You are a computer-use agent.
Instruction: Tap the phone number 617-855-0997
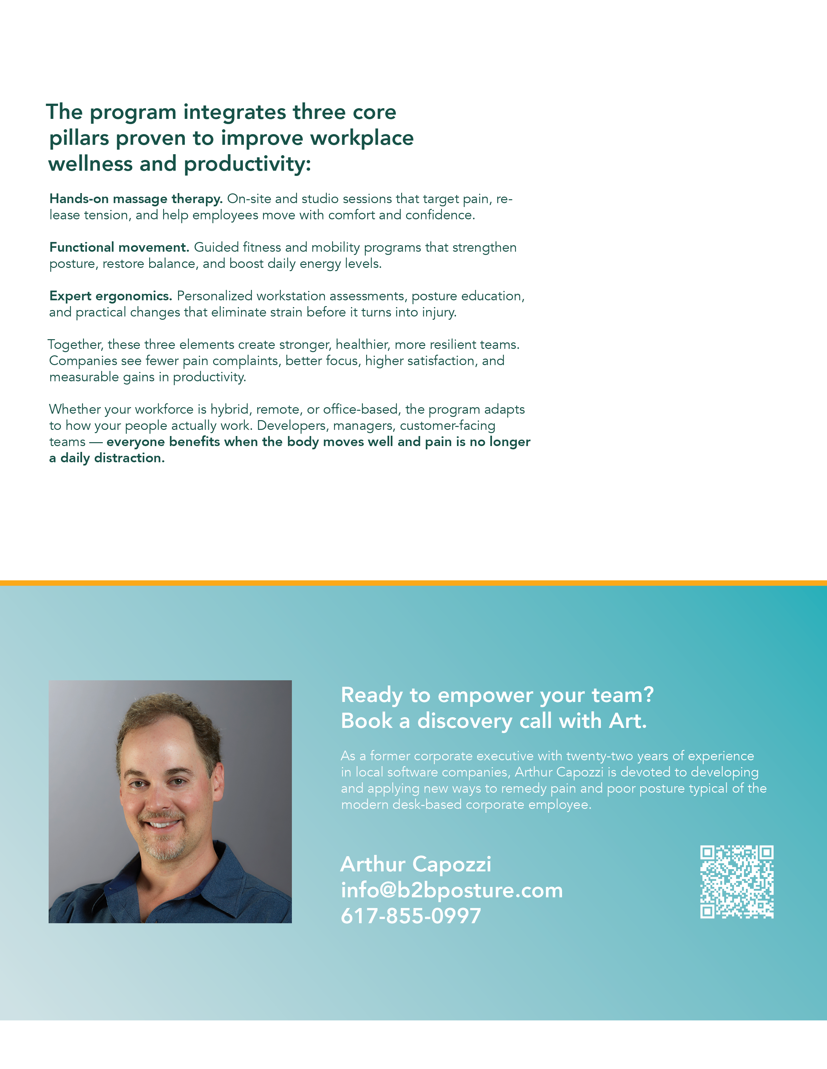411,916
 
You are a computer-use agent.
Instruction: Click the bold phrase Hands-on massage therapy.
136,199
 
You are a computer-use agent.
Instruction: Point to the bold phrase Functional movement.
119,247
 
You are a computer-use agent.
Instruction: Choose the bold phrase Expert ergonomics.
111,296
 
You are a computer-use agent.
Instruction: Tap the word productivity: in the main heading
247,164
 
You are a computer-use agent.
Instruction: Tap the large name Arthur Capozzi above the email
415,864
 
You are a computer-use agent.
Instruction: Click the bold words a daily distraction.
107,458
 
